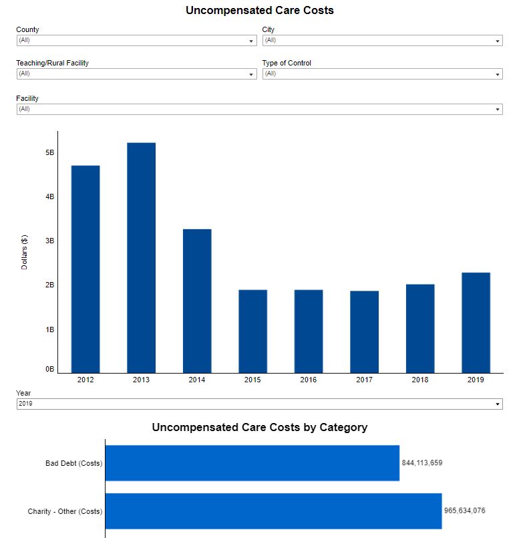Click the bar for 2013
(141, 257)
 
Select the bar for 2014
(197, 301)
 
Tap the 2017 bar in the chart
(364, 331)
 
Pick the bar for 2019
(476, 322)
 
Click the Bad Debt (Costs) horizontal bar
(252, 462)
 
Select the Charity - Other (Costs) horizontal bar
(273, 511)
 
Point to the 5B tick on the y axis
(49, 152)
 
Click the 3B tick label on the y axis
(49, 241)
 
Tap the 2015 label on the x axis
(252, 380)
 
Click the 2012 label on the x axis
(85, 380)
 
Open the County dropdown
(136, 41)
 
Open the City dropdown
(382, 41)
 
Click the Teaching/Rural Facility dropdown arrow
(251, 74)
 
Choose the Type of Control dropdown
(382, 74)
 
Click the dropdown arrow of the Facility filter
(498, 110)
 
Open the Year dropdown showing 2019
(259, 404)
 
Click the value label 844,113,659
(422, 462)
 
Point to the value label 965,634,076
(465, 511)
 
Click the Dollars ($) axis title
(25, 252)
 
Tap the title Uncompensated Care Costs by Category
(260, 427)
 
